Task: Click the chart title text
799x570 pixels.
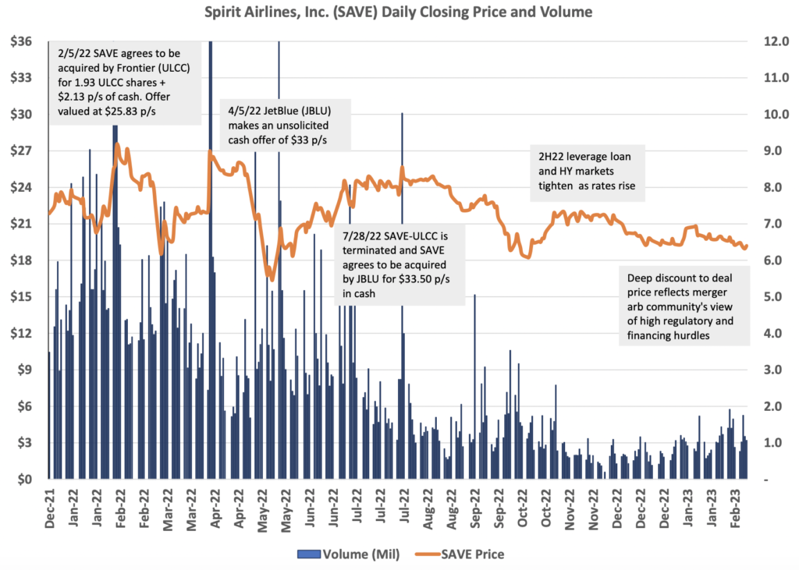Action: click(399, 12)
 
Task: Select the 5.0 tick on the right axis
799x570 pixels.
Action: click(769, 297)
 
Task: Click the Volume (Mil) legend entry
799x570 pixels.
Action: click(348, 554)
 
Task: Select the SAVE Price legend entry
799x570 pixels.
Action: click(466, 554)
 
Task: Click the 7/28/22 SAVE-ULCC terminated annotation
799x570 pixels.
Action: click(401, 264)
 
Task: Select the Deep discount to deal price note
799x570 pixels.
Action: click(685, 306)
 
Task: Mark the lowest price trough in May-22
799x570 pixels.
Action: click(270, 278)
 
